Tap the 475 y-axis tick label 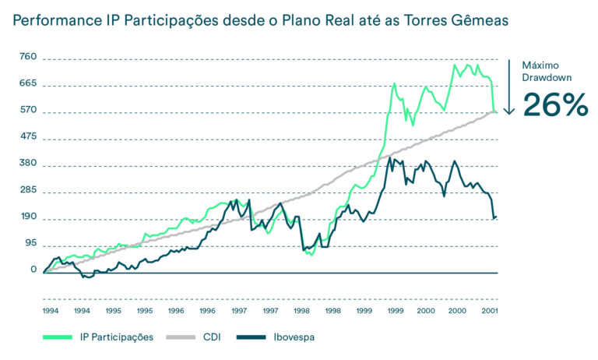coord(28,137)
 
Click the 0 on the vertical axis coord(33,270)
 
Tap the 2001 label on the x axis coord(488,309)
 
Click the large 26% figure coord(554,105)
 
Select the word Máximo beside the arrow coord(540,65)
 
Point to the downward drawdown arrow coord(508,86)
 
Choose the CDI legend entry coord(212,337)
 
